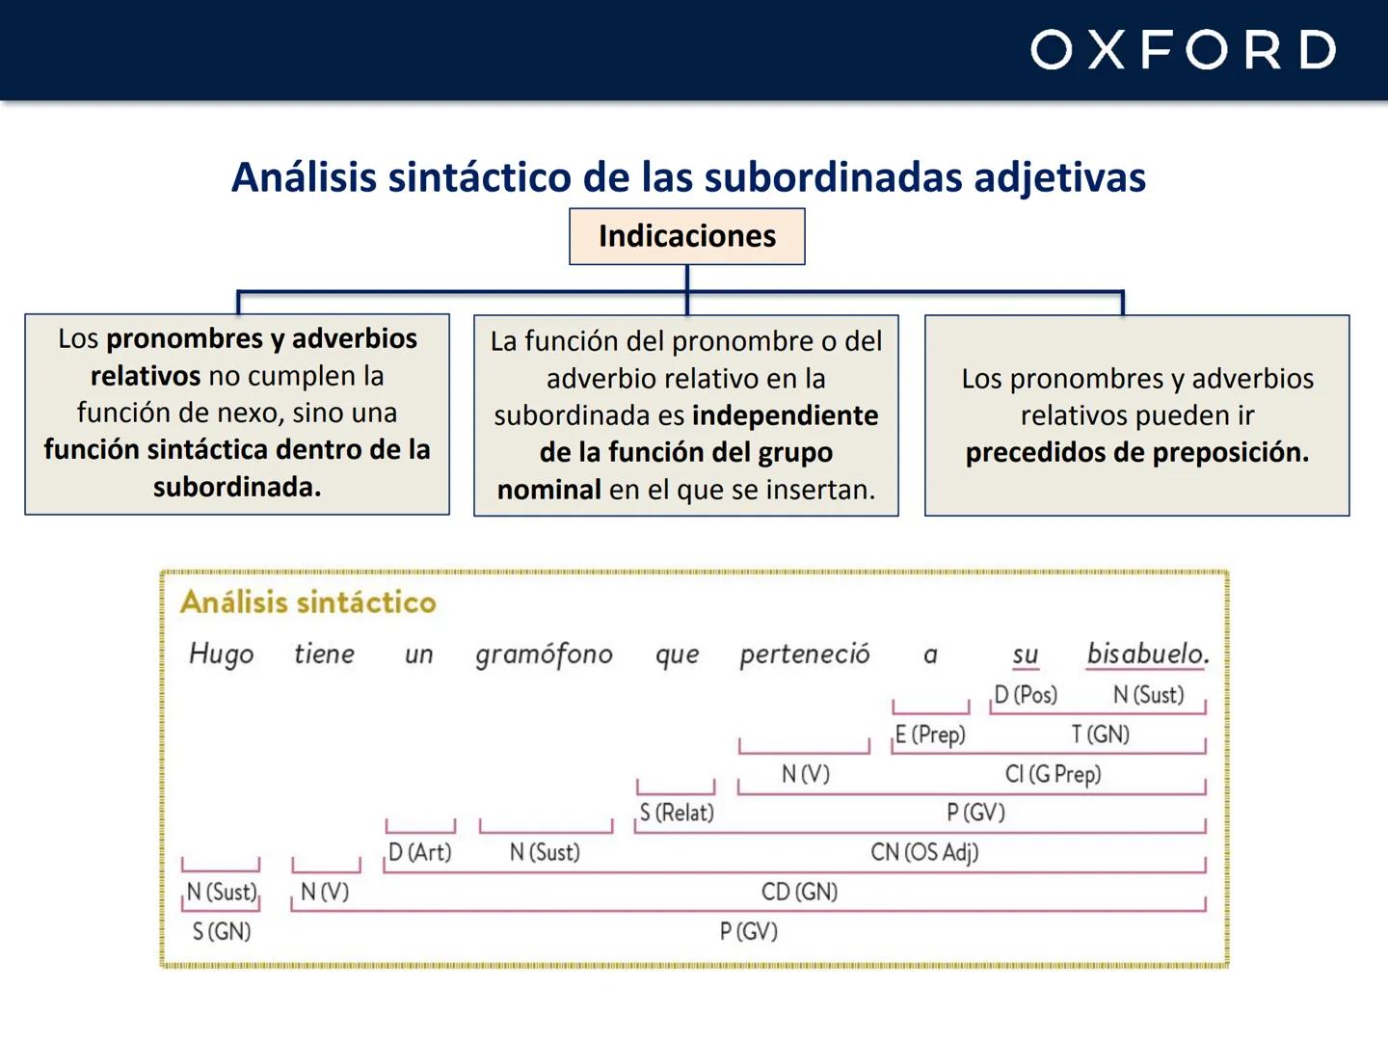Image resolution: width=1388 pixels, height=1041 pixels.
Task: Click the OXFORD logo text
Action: [1183, 50]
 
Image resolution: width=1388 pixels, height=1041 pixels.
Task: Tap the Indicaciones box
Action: [686, 236]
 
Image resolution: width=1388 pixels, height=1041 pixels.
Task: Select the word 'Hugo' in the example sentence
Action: [221, 654]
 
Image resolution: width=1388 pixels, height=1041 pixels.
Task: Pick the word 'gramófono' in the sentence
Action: [544, 654]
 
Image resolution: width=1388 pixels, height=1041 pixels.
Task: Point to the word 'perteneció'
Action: [804, 654]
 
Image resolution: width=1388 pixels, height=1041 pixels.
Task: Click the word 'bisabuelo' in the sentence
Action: [1146, 654]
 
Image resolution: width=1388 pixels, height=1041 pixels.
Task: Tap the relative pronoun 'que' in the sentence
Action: [677, 654]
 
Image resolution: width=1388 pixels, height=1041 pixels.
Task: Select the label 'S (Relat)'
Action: [677, 813]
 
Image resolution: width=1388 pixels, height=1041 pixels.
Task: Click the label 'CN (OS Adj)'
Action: [923, 852]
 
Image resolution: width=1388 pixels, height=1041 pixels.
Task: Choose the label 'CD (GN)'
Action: [799, 892]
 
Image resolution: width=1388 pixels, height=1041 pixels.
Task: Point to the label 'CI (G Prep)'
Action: [1053, 774]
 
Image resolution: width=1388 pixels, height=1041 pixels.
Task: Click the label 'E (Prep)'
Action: [930, 734]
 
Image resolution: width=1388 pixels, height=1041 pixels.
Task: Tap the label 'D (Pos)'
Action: [1026, 695]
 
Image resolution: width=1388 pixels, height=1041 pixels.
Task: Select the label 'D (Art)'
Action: [419, 852]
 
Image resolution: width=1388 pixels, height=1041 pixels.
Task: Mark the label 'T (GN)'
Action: [1100, 734]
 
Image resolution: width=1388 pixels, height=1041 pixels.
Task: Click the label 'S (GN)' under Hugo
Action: [221, 931]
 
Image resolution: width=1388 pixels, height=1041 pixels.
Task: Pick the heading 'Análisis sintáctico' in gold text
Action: [308, 602]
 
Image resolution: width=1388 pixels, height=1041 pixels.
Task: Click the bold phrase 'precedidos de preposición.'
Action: [1137, 452]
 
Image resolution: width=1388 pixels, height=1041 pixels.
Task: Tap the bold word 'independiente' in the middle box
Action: [786, 415]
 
